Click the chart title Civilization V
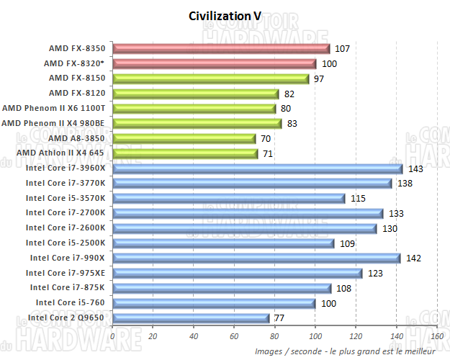pyautogui.click(x=225, y=17)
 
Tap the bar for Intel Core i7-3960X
pyautogui.click(x=257, y=168)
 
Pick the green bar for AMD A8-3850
pyautogui.click(x=184, y=138)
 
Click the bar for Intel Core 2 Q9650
pyautogui.click(x=191, y=318)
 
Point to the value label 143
pyautogui.click(x=415, y=168)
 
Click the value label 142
pyautogui.click(x=413, y=258)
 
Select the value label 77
pyautogui.click(x=279, y=318)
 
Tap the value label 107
pyautogui.click(x=343, y=49)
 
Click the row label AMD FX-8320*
pyautogui.click(x=79, y=63)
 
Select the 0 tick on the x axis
pyautogui.click(x=113, y=336)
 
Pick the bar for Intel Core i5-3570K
pyautogui.click(x=229, y=198)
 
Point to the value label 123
pyautogui.click(x=375, y=273)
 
